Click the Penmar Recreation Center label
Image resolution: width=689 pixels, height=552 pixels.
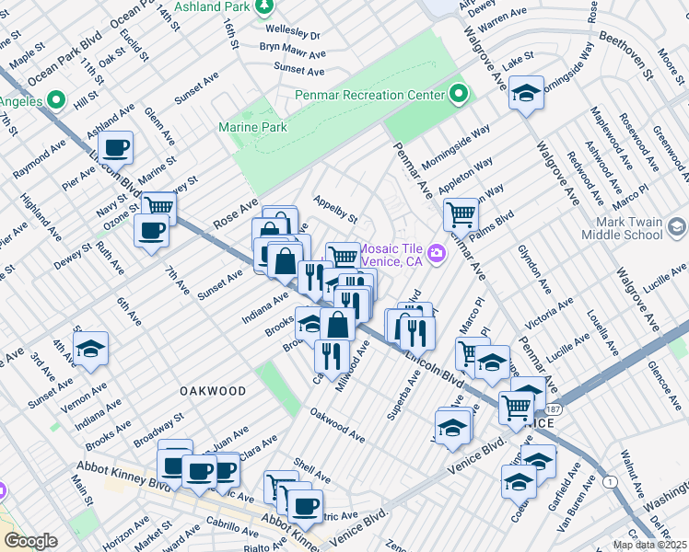click(369, 95)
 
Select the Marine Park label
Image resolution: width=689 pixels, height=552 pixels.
click(252, 127)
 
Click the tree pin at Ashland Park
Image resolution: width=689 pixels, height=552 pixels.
click(264, 6)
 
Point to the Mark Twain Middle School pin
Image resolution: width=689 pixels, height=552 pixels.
click(677, 227)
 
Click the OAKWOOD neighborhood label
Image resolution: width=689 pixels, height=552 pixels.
click(213, 391)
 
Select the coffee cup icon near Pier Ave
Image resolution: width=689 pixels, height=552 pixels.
click(116, 147)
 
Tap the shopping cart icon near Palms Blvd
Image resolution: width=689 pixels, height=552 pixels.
click(460, 214)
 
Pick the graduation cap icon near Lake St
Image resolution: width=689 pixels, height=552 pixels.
click(527, 93)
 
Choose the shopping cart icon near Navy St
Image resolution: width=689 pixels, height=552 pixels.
click(158, 207)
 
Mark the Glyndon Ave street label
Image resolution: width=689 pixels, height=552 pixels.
click(532, 264)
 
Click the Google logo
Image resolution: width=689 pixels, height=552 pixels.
click(30, 541)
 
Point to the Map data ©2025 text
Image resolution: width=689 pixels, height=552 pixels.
click(649, 545)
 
